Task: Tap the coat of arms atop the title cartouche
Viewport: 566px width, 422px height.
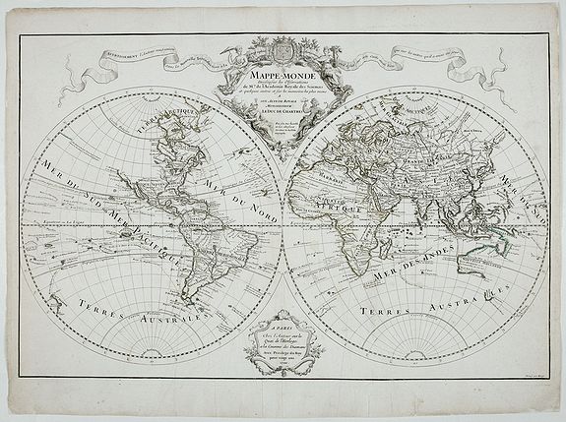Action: tap(283, 47)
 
